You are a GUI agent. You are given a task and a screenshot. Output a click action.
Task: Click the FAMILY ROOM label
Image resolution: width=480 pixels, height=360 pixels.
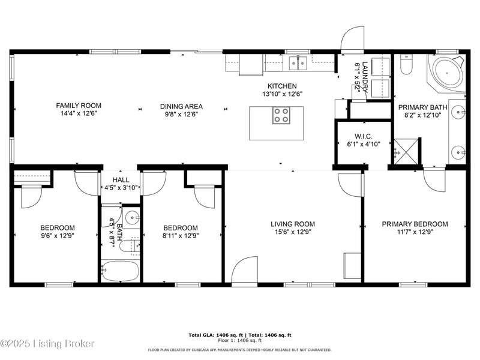[x=79, y=106]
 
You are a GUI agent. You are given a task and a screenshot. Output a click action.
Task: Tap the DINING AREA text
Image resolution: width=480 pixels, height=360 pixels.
[x=181, y=107]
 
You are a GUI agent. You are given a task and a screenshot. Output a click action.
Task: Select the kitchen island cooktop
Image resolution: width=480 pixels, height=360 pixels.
[x=281, y=115]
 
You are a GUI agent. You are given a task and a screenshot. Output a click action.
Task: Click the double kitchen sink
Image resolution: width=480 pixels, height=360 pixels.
[x=298, y=63]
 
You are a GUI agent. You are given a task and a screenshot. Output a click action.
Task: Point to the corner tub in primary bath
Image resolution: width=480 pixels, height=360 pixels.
[x=447, y=73]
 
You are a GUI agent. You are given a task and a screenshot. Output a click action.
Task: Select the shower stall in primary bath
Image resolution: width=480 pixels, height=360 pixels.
[x=406, y=152]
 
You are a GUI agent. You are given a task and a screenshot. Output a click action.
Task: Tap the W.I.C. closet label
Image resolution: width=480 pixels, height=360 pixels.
[x=364, y=137]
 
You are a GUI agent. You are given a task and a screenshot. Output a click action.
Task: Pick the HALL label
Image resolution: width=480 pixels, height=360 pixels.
[x=121, y=180]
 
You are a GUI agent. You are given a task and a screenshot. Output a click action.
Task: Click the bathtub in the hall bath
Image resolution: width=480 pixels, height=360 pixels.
[x=120, y=271]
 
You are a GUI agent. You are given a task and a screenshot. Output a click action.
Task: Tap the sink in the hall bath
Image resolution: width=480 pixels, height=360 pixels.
[x=132, y=218]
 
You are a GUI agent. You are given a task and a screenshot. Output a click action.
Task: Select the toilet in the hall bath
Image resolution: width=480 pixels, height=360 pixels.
[x=130, y=246]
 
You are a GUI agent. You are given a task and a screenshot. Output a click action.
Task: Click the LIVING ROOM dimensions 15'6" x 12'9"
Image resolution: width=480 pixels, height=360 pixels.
[x=293, y=232]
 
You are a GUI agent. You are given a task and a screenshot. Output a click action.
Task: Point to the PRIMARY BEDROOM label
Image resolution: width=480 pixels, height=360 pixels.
[x=415, y=224]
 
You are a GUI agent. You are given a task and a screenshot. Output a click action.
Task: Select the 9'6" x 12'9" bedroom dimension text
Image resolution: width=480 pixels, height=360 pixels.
[x=58, y=236]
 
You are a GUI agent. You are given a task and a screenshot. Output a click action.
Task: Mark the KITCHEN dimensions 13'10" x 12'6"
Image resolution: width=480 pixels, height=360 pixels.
[x=282, y=94]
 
